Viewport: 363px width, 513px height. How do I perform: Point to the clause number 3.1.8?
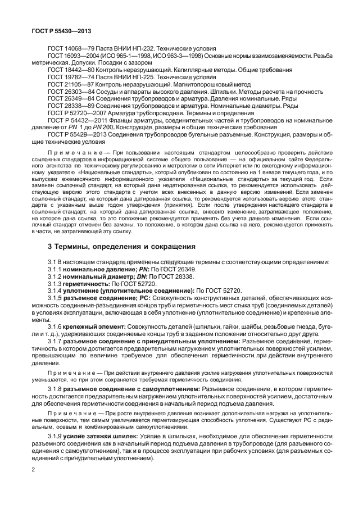point(56,389)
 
